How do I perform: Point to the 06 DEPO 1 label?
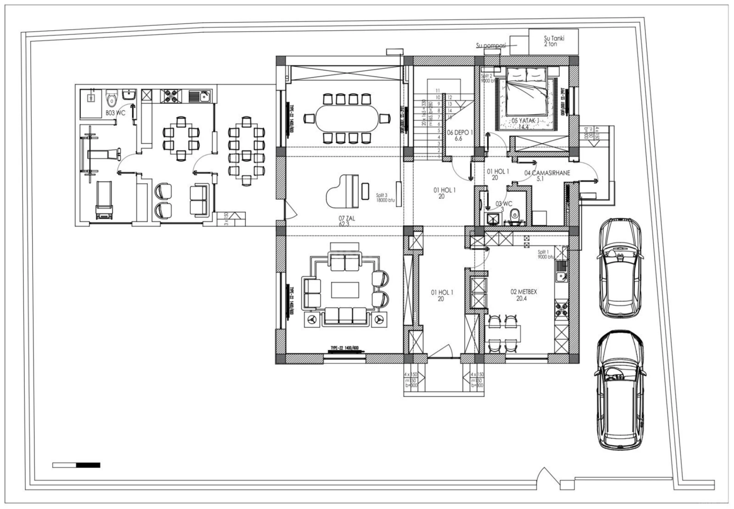pos(460,135)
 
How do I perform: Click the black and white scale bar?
pos(76,465)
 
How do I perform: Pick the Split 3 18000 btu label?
pos(385,198)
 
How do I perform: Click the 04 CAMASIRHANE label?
pos(547,175)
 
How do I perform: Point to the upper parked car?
pos(620,268)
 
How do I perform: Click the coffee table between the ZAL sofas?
pos(345,290)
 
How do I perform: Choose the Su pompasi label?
pos(491,45)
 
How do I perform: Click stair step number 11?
pos(438,91)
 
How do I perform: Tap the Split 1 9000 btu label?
pos(546,254)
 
